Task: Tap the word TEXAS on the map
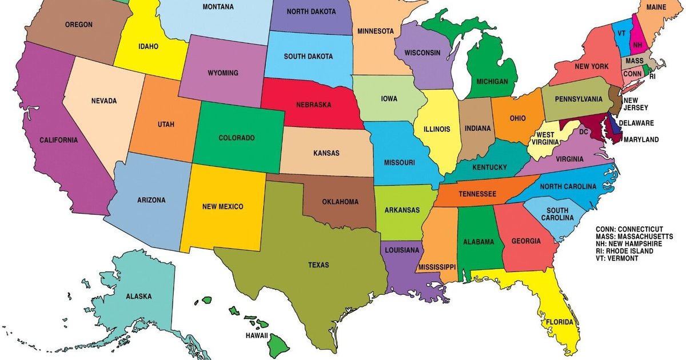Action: (318, 265)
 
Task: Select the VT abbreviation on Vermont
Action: (621, 33)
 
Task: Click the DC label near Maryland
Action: (584, 131)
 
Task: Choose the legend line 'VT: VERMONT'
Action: (617, 258)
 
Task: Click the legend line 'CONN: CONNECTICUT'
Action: (629, 229)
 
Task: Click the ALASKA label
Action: (139, 296)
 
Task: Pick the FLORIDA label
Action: (559, 322)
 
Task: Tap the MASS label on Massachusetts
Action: (634, 61)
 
